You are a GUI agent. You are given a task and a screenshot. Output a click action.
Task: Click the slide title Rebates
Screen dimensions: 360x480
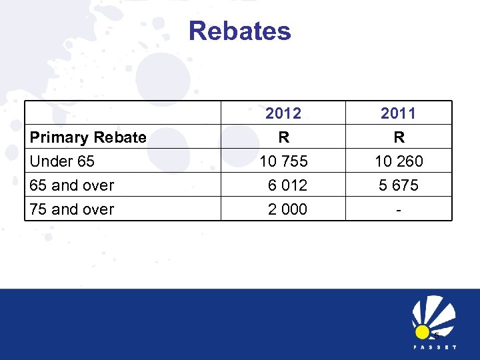pos(239,31)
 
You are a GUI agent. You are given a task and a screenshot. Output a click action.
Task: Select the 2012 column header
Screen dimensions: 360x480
pos(283,114)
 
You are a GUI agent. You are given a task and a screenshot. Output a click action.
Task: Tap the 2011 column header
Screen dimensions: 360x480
pos(398,114)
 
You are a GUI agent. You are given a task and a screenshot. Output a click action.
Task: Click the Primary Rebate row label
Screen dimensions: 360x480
pos(88,138)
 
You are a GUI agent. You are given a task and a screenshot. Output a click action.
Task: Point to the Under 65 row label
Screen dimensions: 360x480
pos(62,161)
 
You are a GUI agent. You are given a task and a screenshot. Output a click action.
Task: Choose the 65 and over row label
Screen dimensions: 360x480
pos(72,185)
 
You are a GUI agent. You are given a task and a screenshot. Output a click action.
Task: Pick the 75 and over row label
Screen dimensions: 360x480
pos(72,209)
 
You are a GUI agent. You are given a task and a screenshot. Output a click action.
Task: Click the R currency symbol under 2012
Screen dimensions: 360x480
pos(284,138)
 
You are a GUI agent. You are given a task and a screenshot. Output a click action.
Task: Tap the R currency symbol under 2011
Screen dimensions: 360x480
pos(399,138)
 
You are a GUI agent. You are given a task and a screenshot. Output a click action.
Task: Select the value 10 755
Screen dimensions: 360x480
pos(284,161)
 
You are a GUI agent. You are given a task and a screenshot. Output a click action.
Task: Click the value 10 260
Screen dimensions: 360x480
pos(399,161)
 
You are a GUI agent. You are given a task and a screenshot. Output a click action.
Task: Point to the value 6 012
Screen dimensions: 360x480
pos(287,185)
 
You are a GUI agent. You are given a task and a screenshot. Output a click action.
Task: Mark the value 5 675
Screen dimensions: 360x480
pos(399,185)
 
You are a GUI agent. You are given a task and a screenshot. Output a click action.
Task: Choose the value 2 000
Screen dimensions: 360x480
pos(287,209)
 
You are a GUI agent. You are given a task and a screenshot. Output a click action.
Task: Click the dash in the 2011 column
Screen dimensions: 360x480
pos(399,209)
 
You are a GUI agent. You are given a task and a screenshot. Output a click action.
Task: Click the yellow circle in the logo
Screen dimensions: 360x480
pos(422,332)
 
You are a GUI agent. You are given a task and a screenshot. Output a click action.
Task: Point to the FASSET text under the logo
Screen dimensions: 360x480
pos(434,347)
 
